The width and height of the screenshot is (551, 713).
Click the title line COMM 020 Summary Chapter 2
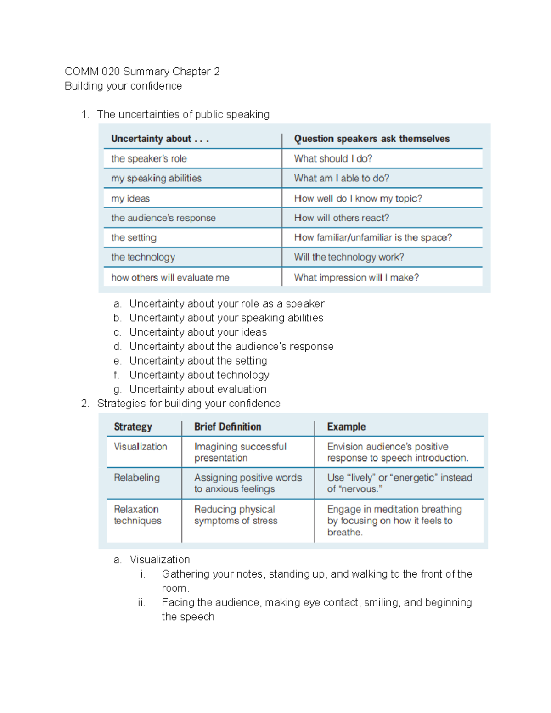pos(142,72)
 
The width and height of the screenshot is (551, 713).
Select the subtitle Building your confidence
pos(123,86)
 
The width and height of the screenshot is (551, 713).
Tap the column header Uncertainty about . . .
pos(159,139)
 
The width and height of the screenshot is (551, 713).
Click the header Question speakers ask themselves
pos(371,139)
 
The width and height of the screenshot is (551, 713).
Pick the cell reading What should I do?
pos(333,158)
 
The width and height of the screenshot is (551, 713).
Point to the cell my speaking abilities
pos(156,178)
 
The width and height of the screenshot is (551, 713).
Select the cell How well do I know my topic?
pos(358,198)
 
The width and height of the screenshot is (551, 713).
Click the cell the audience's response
pos(163,218)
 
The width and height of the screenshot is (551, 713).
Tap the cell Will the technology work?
pos(349,257)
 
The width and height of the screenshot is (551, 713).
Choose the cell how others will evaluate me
pos(170,277)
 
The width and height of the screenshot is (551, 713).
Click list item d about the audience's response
pos(231,347)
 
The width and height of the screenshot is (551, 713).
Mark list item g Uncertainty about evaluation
pos(197,389)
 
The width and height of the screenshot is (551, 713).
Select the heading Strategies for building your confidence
pos(188,404)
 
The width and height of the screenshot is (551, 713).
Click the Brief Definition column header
pos(227,427)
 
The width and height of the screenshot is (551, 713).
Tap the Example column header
pos(346,427)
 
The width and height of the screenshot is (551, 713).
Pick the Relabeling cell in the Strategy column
pos(137,477)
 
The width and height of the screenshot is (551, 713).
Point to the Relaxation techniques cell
pos(137,515)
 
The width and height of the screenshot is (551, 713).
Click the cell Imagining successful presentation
pos(240,452)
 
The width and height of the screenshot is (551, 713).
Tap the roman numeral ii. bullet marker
pos(141,603)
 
